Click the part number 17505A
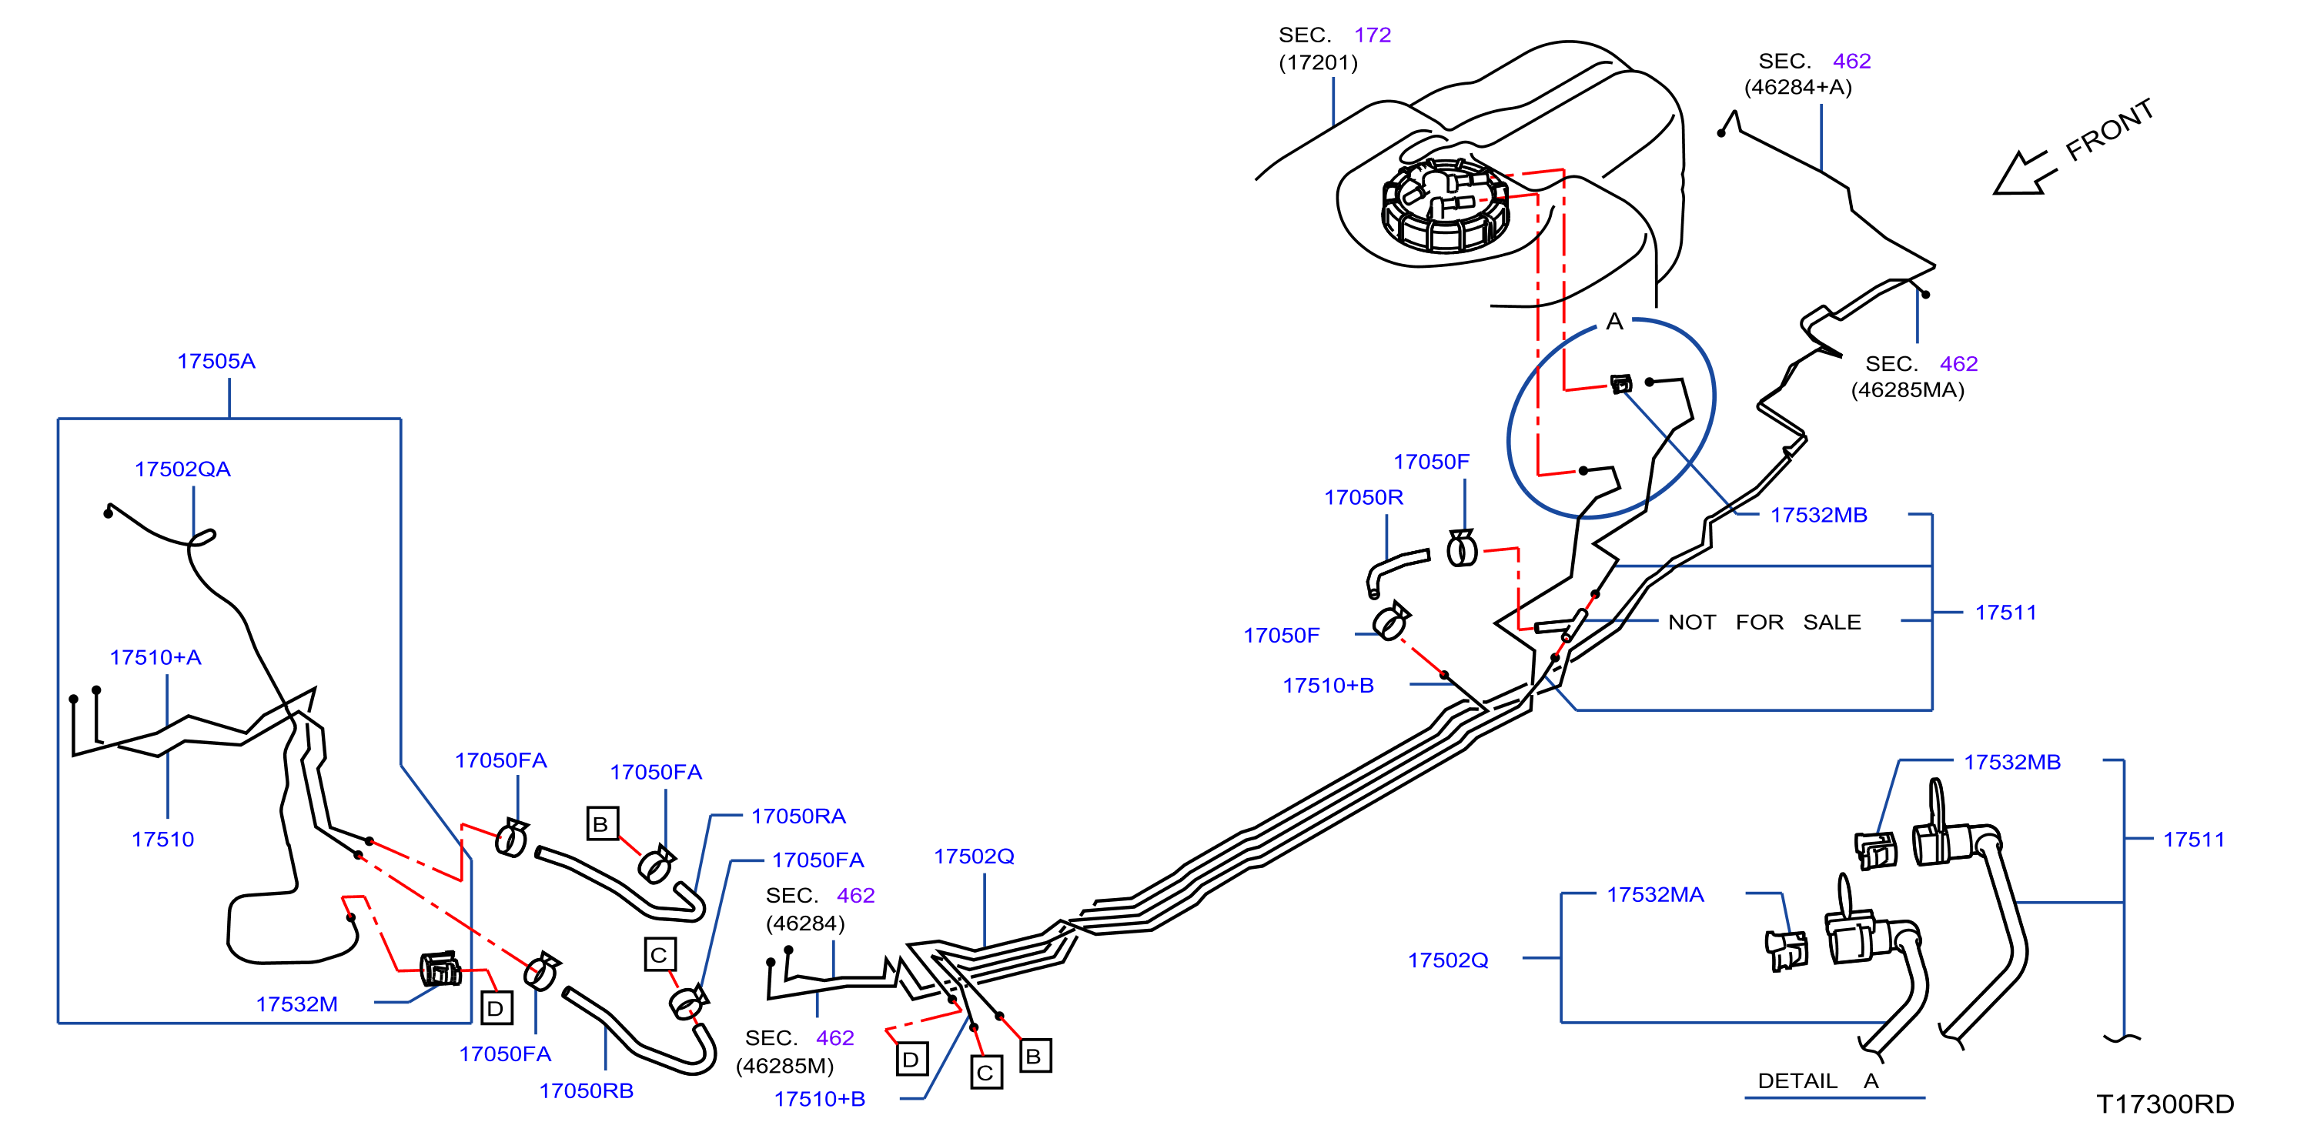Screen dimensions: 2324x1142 pyautogui.click(x=216, y=361)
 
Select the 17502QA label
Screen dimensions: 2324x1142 pyautogui.click(x=182, y=469)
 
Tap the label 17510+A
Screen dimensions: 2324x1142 pyautogui.click(x=155, y=658)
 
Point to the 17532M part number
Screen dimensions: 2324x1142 pyautogui.click(x=297, y=1004)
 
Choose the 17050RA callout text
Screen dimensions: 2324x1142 pyautogui.click(x=798, y=816)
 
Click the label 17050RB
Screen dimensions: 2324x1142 pyautogui.click(x=587, y=1090)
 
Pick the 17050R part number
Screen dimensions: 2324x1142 pyautogui.click(x=1363, y=497)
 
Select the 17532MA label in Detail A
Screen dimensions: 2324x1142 pyautogui.click(x=1656, y=895)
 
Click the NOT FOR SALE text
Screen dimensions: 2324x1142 pyautogui.click(x=1764, y=623)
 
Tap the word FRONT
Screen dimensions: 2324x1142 pyautogui.click(x=2110, y=130)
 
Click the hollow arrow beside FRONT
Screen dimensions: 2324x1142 pyautogui.click(x=2025, y=172)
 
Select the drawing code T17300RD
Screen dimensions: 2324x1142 pyautogui.click(x=2165, y=1104)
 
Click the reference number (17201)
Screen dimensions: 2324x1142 pyautogui.click(x=1318, y=62)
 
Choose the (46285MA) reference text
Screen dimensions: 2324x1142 pyautogui.click(x=1908, y=389)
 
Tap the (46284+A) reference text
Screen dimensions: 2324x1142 pyautogui.click(x=1798, y=87)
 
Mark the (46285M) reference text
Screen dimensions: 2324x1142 pyautogui.click(x=785, y=1065)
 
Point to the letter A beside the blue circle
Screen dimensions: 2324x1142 pyautogui.click(x=1615, y=321)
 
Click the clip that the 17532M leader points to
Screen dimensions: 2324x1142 pyautogui.click(x=440, y=968)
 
